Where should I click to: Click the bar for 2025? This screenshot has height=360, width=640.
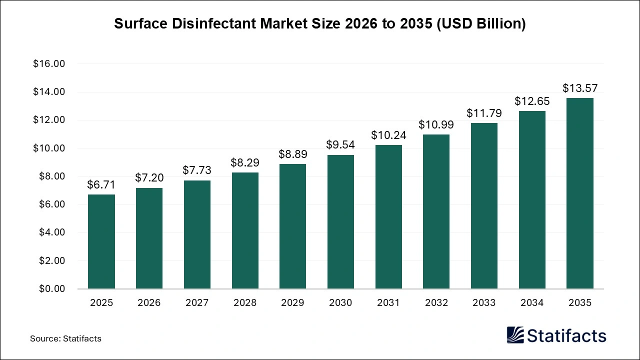coord(101,241)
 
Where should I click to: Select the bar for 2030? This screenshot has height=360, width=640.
coord(340,222)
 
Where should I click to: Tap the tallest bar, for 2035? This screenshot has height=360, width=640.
coord(579,193)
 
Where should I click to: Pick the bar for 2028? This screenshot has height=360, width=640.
coord(245,230)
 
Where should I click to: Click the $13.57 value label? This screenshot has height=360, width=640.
coord(579,88)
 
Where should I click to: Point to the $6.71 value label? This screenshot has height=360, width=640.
coord(101,185)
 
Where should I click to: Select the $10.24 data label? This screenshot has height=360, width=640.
coord(388,135)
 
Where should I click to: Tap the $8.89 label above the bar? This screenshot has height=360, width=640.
coord(292,154)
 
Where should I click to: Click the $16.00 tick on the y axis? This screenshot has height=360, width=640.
coord(49,64)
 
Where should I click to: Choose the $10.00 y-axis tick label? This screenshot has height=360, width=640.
coord(49,148)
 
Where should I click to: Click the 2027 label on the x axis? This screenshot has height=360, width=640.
coord(197,303)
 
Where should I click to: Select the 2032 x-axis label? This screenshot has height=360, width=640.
coord(436,303)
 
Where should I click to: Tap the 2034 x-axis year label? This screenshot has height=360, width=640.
coord(531,303)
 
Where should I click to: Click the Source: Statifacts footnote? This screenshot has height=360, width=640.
coord(65,338)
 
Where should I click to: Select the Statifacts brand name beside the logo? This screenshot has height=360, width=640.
coord(566,335)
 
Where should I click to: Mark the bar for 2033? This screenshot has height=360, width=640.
coord(484,206)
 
